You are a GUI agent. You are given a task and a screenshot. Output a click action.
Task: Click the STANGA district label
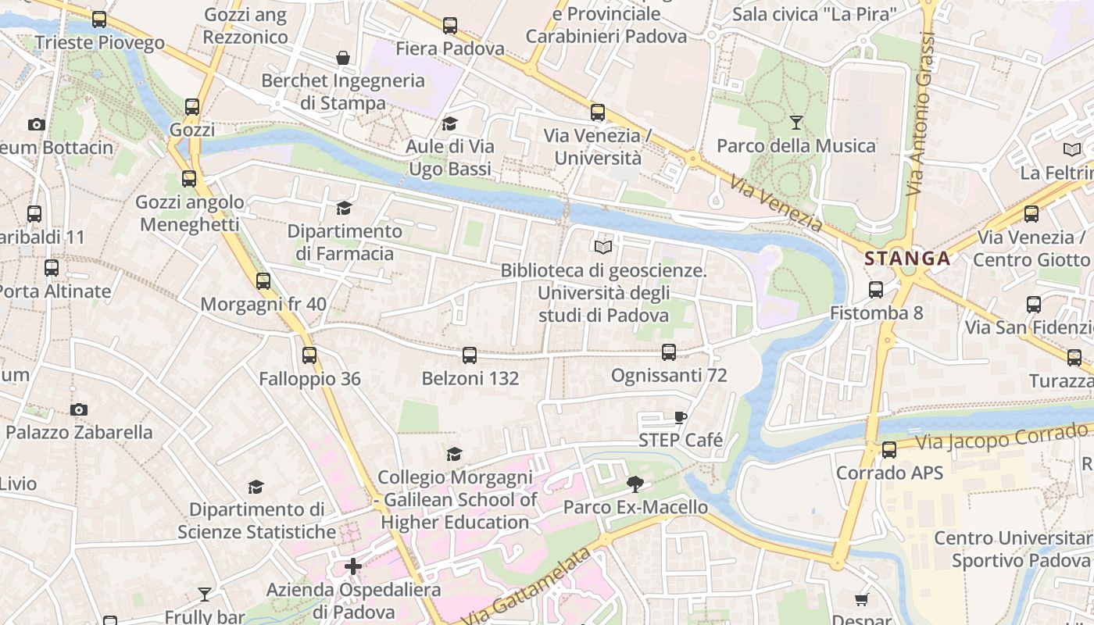pyautogui.click(x=907, y=259)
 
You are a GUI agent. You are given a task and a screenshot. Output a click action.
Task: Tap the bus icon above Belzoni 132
pyautogui.click(x=470, y=355)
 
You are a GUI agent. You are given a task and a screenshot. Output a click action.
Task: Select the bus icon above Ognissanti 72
pyautogui.click(x=669, y=352)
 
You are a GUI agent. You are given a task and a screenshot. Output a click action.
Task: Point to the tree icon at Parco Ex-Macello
pyautogui.click(x=635, y=484)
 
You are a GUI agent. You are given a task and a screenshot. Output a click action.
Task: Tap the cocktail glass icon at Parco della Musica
pyautogui.click(x=796, y=123)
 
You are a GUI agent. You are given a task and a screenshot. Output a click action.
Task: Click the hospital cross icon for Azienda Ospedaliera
pyautogui.click(x=353, y=566)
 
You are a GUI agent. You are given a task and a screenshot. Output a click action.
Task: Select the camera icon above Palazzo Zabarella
pyautogui.click(x=78, y=409)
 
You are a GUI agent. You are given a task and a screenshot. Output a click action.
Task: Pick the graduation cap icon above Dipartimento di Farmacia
pyautogui.click(x=344, y=208)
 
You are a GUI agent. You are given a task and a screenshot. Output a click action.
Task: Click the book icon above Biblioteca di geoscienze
pyautogui.click(x=602, y=248)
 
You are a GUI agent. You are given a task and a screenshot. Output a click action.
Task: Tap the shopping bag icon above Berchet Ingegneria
pyautogui.click(x=342, y=58)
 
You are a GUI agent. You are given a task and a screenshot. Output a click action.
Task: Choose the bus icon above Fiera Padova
pyautogui.click(x=450, y=26)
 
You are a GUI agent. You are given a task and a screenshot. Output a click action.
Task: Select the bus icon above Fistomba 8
pyautogui.click(x=876, y=290)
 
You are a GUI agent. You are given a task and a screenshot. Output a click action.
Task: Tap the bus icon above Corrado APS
pyautogui.click(x=889, y=450)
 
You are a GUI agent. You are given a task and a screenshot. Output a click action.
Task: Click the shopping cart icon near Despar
pyautogui.click(x=861, y=599)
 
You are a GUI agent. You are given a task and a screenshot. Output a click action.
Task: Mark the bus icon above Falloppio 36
pyautogui.click(x=309, y=355)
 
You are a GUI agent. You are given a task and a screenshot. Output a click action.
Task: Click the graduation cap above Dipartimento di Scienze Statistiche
pyautogui.click(x=256, y=487)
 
